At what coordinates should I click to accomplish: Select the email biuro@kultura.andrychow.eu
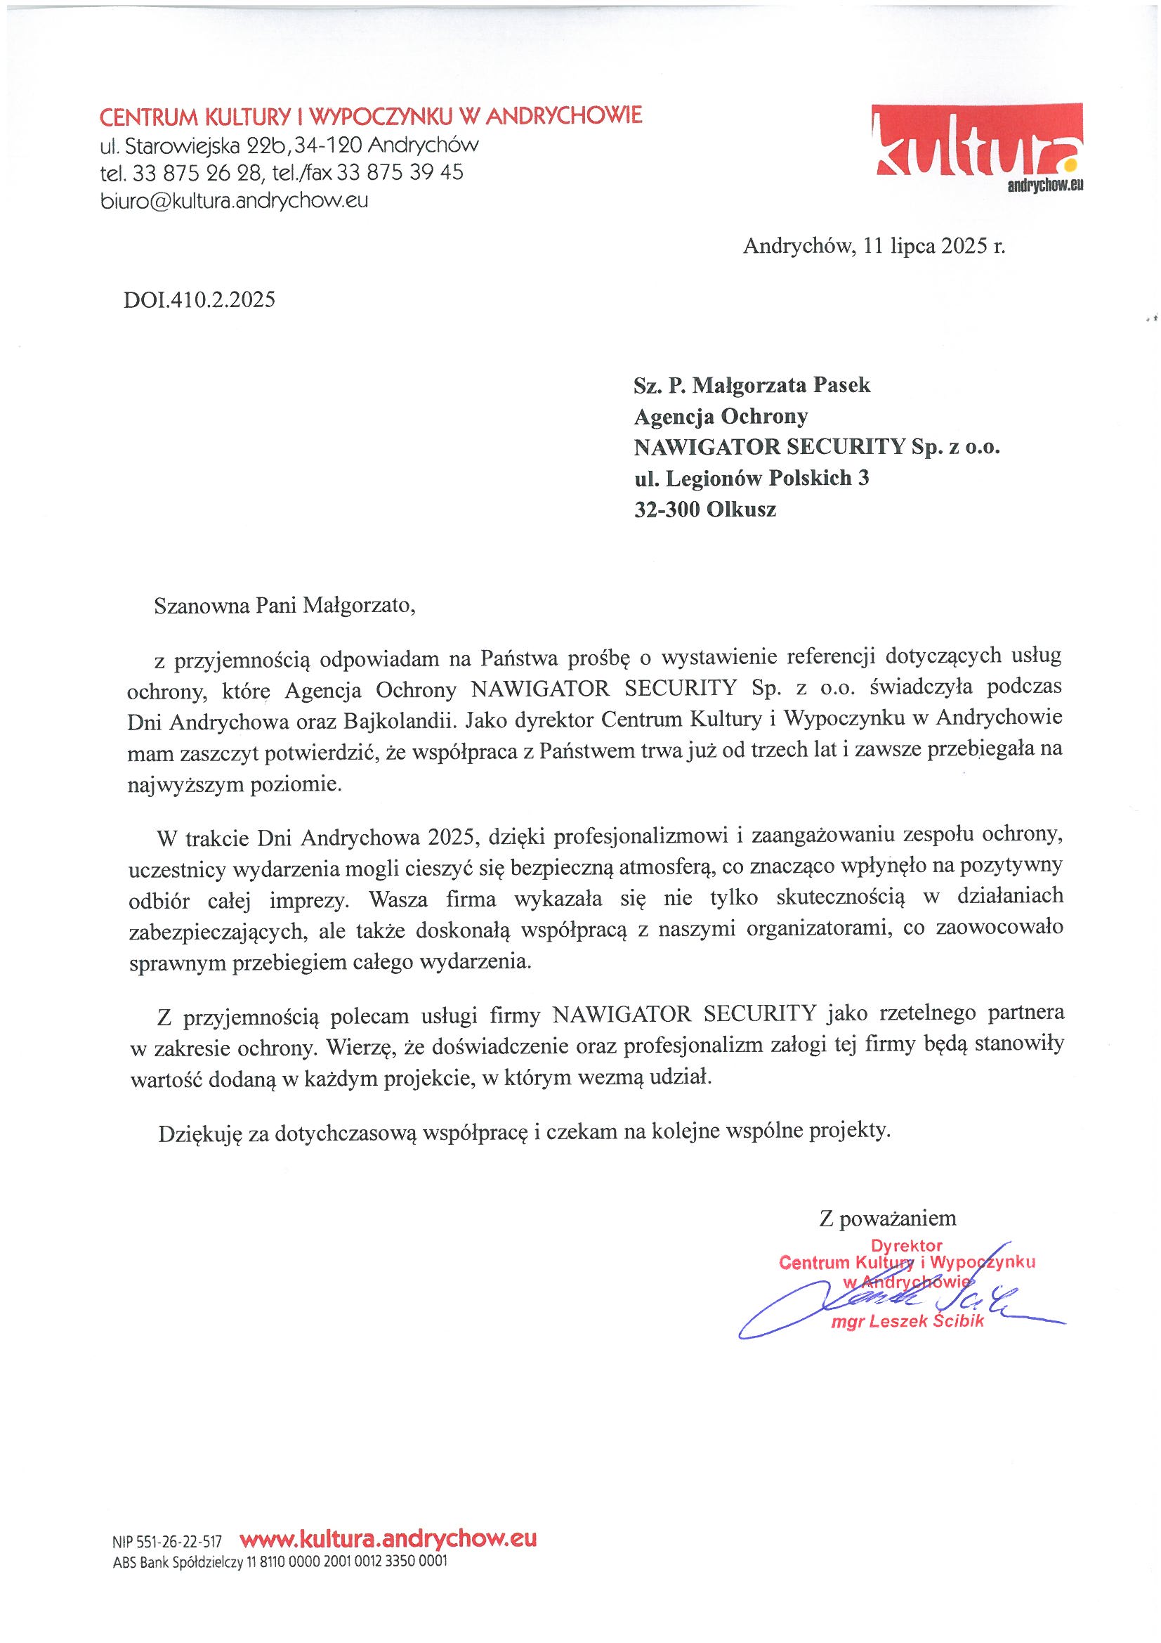[234, 202]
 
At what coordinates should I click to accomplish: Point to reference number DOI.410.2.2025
[199, 299]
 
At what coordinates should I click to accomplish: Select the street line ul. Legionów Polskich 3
[751, 477]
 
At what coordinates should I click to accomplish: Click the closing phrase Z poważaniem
[887, 1219]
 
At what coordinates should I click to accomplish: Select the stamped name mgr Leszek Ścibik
[907, 1321]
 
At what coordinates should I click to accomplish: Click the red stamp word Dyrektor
[906, 1246]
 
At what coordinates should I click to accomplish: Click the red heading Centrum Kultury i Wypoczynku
[371, 115]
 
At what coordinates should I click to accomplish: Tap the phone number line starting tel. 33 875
[281, 173]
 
